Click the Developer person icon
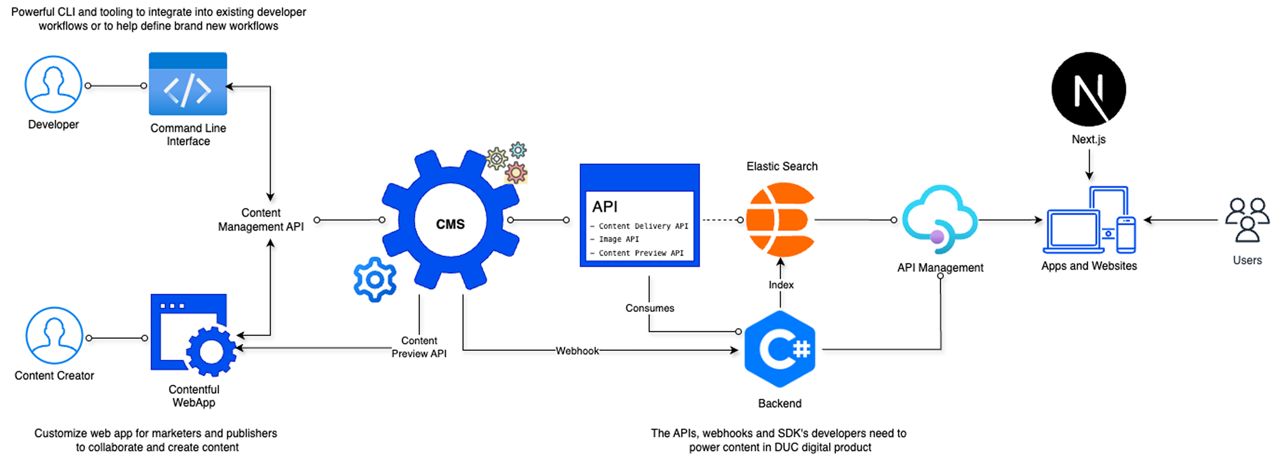pyautogui.click(x=53, y=84)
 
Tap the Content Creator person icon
pyautogui.click(x=54, y=335)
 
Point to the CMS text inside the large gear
pyautogui.click(x=450, y=224)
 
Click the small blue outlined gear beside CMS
pyautogui.click(x=375, y=279)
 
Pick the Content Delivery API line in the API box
pyautogui.click(x=643, y=226)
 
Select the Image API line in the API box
pyautogui.click(x=618, y=240)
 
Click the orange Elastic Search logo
pyautogui.click(x=780, y=219)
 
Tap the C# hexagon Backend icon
pyautogui.click(x=780, y=349)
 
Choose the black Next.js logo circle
pyautogui.click(x=1089, y=89)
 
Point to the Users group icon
pyautogui.click(x=1247, y=219)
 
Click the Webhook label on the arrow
pyautogui.click(x=577, y=351)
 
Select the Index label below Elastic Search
pyautogui.click(x=781, y=285)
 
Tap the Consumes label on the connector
pyautogui.click(x=650, y=308)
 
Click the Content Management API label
pyautogui.click(x=261, y=220)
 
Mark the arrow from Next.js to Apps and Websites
pyautogui.click(x=1089, y=165)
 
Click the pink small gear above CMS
pyautogui.click(x=516, y=173)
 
